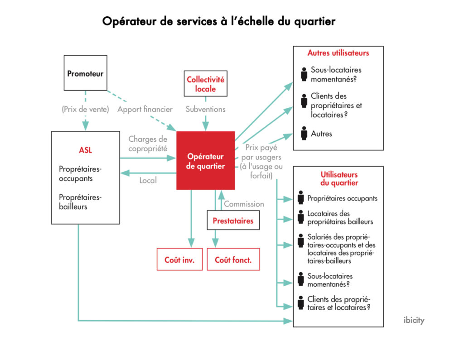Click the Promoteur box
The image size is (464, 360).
pyautogui.click(x=85, y=73)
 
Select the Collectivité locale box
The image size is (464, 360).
pyautogui.click(x=205, y=84)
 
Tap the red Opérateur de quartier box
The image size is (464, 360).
pyautogui.click(x=205, y=161)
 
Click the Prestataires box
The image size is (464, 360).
pyautogui.click(x=233, y=221)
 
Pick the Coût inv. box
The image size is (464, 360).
pyautogui.click(x=179, y=259)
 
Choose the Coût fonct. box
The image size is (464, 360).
pyautogui.click(x=233, y=259)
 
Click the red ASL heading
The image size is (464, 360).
pyautogui.click(x=85, y=150)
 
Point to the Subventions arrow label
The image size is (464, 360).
pyautogui.click(x=205, y=109)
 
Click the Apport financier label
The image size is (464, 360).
pyautogui.click(x=145, y=109)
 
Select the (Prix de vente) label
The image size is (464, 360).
pyautogui.click(x=85, y=109)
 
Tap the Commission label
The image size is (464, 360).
pyautogui.click(x=244, y=204)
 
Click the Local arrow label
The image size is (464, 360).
pyautogui.click(x=148, y=180)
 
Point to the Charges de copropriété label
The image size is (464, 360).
pyautogui.click(x=148, y=144)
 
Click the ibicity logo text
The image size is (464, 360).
pyautogui.click(x=414, y=320)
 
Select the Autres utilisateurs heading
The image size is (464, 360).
pyautogui.click(x=338, y=53)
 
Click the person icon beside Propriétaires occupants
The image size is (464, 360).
pyautogui.click(x=300, y=198)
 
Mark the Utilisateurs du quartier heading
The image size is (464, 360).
pyautogui.click(x=339, y=178)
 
